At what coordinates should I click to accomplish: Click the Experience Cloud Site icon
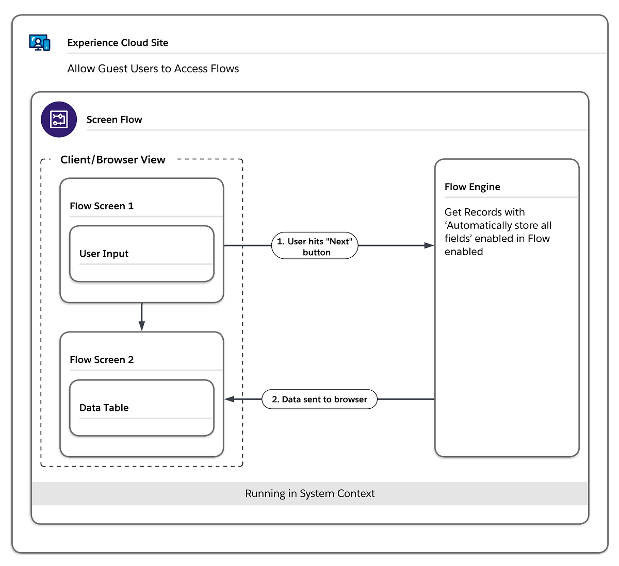tap(40, 42)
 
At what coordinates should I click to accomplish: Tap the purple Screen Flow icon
tap(59, 120)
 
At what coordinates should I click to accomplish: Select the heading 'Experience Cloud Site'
tap(118, 43)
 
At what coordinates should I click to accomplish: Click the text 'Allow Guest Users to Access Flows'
tap(153, 69)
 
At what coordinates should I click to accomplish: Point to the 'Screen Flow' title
tap(114, 120)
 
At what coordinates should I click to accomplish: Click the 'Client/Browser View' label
tap(112, 160)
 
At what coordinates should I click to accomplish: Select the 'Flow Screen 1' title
tap(102, 206)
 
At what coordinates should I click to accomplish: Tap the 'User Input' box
tap(141, 254)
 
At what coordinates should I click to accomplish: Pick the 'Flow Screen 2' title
tap(102, 360)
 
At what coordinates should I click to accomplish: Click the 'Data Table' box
tap(141, 408)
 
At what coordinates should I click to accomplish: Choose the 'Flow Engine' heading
tap(472, 187)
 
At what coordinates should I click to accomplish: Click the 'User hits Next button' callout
tap(315, 246)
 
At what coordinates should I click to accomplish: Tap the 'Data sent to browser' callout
tap(319, 399)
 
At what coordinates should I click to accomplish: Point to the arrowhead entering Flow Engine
tap(429, 245)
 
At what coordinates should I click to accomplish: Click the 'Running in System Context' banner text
tap(309, 493)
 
